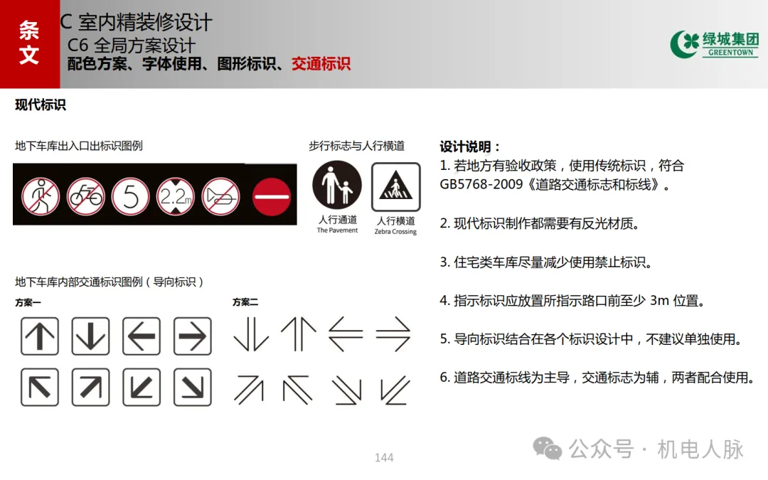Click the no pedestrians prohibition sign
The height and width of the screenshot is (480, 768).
tap(40, 195)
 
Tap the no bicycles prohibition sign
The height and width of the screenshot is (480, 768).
tap(85, 195)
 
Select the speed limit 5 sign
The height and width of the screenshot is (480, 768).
tap(131, 195)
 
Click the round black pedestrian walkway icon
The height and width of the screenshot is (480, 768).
tap(337, 186)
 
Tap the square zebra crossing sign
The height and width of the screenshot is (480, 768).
tap(395, 187)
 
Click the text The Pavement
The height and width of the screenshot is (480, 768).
tap(337, 230)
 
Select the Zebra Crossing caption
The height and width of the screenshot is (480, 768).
tap(395, 232)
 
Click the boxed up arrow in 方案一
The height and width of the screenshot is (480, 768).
tap(40, 336)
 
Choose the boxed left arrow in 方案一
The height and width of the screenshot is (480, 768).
tap(142, 336)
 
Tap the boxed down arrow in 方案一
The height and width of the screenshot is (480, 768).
tap(90, 336)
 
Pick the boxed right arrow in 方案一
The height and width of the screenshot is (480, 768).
tap(192, 336)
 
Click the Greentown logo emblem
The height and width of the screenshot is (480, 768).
tap(683, 44)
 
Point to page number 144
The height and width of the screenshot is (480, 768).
tap(384, 457)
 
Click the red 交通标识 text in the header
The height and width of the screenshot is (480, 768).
tap(321, 64)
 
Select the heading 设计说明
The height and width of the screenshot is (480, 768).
tap(470, 146)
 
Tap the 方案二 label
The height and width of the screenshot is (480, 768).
tap(245, 302)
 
